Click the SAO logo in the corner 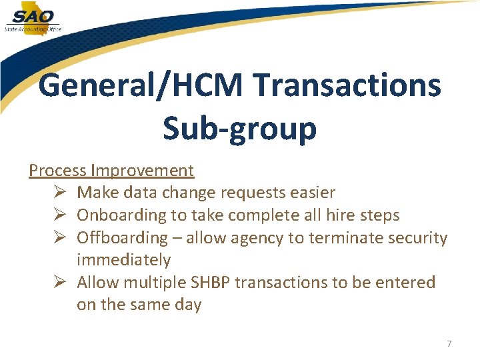(33, 18)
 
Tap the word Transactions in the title (347, 86)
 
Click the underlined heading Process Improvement (111, 171)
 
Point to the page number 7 (449, 344)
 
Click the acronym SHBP (210, 283)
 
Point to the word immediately (124, 260)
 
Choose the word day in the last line (188, 305)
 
